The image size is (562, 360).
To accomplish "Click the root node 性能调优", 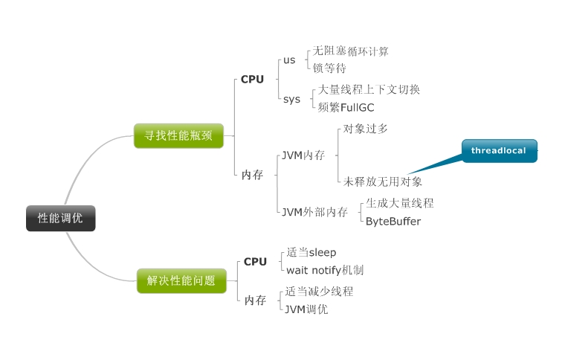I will click(x=61, y=218).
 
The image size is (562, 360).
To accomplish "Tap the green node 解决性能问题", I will click(x=181, y=280).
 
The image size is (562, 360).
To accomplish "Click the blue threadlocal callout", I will click(x=498, y=151).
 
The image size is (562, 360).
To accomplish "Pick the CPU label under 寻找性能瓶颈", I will click(x=252, y=79).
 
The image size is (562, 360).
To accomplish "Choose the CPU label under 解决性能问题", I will click(x=255, y=262).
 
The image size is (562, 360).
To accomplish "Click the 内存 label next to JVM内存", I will click(x=252, y=175).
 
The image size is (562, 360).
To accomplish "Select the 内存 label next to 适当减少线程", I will click(x=255, y=300).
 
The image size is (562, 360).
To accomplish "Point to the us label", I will click(x=289, y=60).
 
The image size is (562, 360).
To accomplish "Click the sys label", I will click(x=291, y=98).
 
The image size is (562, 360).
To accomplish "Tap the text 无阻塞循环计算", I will click(x=350, y=51).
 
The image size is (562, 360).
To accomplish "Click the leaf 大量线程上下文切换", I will click(x=369, y=89).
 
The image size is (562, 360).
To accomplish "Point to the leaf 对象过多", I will click(x=365, y=129).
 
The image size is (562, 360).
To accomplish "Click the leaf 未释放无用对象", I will click(x=383, y=181).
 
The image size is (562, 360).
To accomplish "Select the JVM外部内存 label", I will click(x=314, y=212).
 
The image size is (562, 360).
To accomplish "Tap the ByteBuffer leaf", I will click(x=393, y=221).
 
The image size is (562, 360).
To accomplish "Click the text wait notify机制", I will click(x=325, y=270).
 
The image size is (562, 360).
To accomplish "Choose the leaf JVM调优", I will click(x=306, y=309).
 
